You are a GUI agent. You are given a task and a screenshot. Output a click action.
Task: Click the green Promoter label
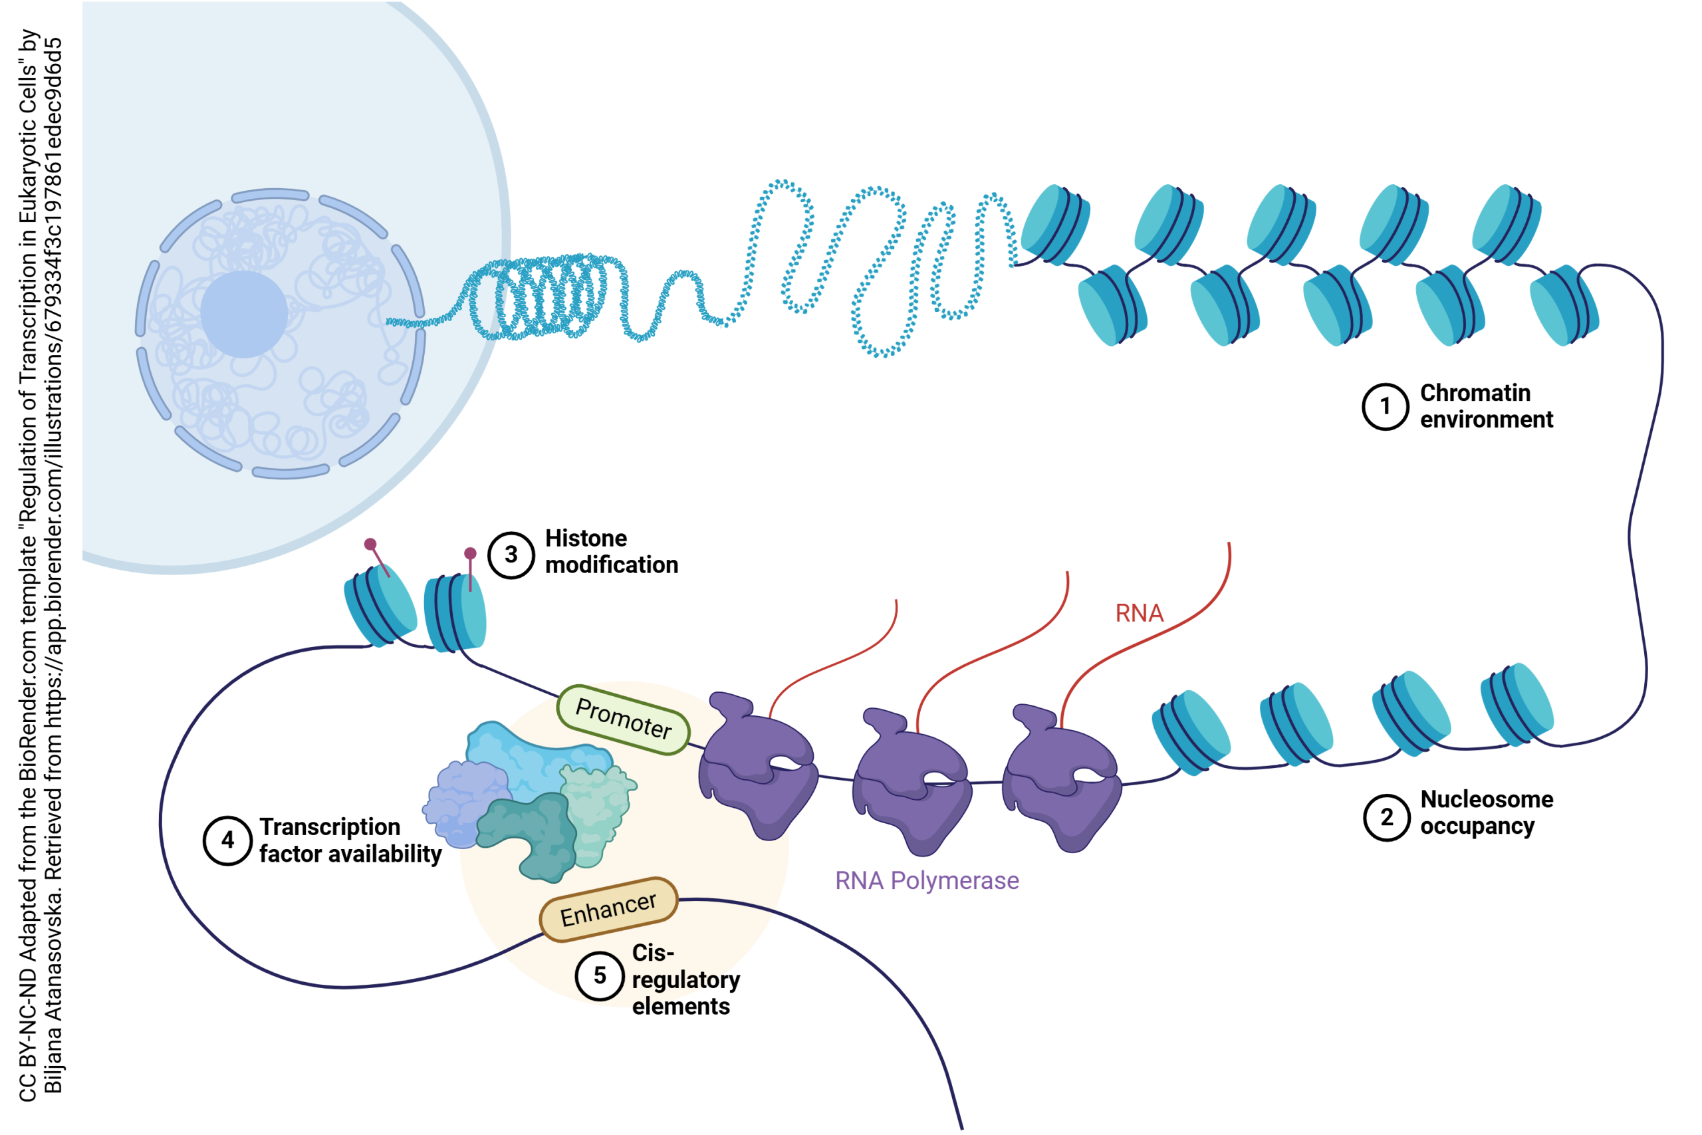pos(623,719)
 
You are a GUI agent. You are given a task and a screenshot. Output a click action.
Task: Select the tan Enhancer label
pos(608,909)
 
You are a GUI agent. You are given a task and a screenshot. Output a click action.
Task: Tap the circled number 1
pos(1385,406)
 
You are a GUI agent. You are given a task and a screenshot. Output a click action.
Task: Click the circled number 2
pos(1386,817)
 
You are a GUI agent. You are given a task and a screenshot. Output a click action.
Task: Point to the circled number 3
pos(511,555)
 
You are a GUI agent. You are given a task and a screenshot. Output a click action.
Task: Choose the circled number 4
pos(227,840)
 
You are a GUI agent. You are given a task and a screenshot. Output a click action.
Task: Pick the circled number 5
pos(599,975)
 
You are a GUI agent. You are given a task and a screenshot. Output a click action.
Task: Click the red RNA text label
pos(1139,614)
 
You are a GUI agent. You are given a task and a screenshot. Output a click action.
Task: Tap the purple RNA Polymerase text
pos(927,881)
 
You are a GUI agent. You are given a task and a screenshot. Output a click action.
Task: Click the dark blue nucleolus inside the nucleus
pos(244,314)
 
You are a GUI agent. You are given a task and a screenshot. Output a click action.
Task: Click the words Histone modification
pos(612,552)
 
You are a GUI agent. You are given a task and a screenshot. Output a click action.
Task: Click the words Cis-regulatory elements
pos(684,979)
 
